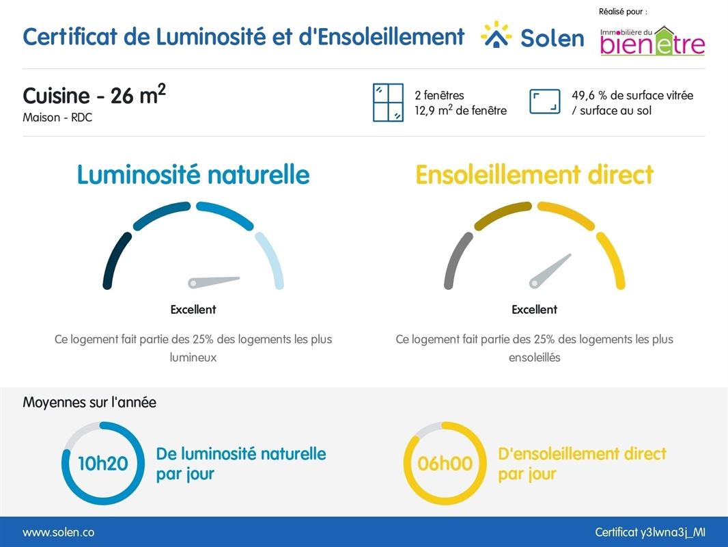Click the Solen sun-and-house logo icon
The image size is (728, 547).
[x=496, y=34]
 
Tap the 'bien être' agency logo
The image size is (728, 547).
[x=652, y=41]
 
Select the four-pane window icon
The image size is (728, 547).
[x=388, y=103]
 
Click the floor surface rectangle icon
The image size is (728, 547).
[x=544, y=102]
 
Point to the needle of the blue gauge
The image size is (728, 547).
[x=214, y=281]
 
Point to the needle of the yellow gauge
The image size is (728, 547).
[x=550, y=271]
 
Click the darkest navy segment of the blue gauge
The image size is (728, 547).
[x=115, y=261]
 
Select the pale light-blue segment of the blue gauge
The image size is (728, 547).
[x=270, y=261]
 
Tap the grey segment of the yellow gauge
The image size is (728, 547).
[x=457, y=261]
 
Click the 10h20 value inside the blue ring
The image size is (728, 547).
[x=103, y=464]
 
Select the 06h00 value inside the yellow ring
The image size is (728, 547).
[x=445, y=464]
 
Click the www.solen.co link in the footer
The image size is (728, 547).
[x=59, y=532]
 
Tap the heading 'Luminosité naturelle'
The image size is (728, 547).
[x=193, y=175]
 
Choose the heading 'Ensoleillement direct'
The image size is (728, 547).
[x=535, y=175]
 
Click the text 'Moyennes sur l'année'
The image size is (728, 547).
[x=89, y=403]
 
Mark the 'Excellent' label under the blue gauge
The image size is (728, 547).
[x=193, y=310]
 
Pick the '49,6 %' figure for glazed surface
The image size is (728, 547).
[x=589, y=96]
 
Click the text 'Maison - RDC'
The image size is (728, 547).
[x=57, y=118]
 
